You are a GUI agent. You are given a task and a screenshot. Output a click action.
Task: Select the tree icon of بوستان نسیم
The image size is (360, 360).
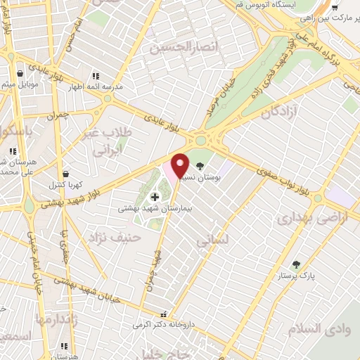200,167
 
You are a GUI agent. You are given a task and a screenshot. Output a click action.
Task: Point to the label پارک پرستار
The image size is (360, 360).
296,276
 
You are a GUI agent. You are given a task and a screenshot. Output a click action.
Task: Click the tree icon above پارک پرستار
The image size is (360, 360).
295,264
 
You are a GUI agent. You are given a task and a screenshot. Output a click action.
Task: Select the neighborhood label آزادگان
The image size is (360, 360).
281,111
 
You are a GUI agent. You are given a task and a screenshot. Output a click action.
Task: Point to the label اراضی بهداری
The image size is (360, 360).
302,219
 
